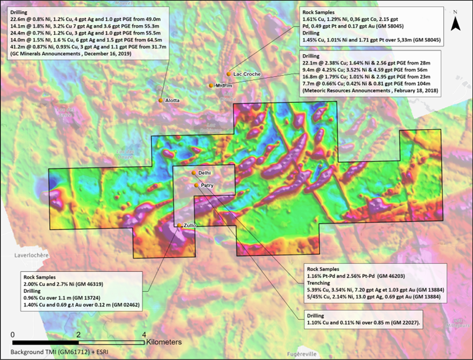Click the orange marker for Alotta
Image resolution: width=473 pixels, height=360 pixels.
(x=160, y=100)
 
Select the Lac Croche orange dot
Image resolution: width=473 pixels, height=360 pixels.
(x=228, y=74)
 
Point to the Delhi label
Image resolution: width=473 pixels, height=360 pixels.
(x=206, y=173)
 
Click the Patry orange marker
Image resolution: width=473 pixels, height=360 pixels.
(x=196, y=185)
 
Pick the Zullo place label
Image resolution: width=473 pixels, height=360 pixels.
(x=190, y=226)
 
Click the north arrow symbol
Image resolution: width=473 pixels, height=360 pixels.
(x=455, y=23)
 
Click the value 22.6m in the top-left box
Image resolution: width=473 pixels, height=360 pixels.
(x=19, y=17)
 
